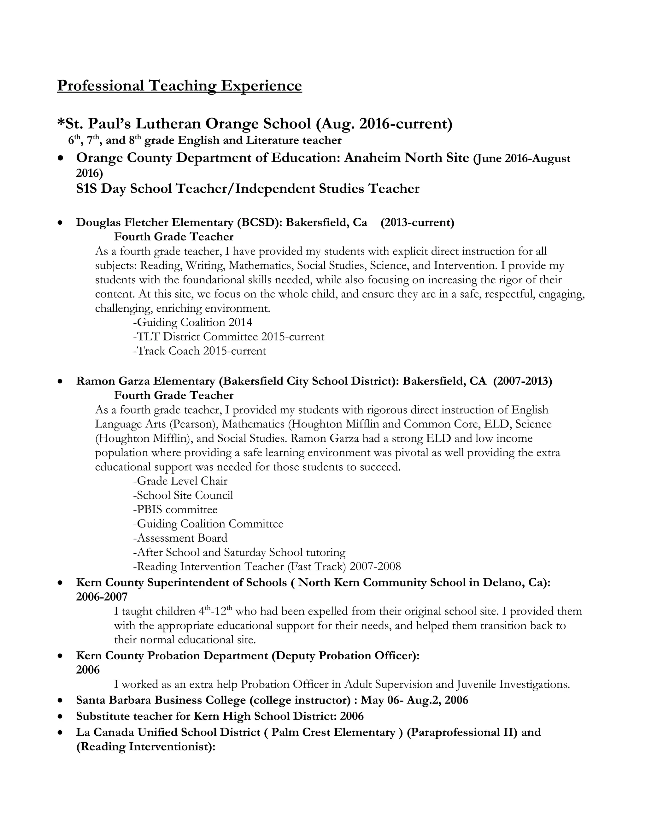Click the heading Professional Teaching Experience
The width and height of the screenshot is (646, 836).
[179, 85]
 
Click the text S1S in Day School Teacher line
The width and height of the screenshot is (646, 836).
[86, 189]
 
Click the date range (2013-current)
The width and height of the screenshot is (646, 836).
[417, 222]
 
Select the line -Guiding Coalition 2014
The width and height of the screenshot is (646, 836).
[192, 322]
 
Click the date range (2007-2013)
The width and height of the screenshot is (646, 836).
[522, 381]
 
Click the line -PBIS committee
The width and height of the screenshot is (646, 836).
[175, 509]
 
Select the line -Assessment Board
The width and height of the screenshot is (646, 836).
[180, 538]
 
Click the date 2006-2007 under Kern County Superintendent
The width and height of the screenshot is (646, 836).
[102, 597]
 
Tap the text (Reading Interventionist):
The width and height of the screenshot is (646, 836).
[146, 747]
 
